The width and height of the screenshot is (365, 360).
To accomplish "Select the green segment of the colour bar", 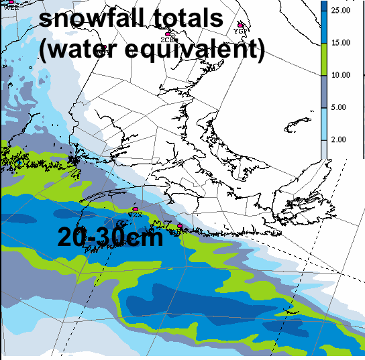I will pos(324,59).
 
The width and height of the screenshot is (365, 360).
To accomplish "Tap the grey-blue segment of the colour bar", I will pos(324,91).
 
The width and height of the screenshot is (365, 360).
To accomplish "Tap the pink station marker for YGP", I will pos(240,24).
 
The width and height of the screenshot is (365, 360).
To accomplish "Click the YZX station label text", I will pos(136,216).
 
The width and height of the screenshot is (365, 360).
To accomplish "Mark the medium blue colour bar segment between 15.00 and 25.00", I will pos(324,27).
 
